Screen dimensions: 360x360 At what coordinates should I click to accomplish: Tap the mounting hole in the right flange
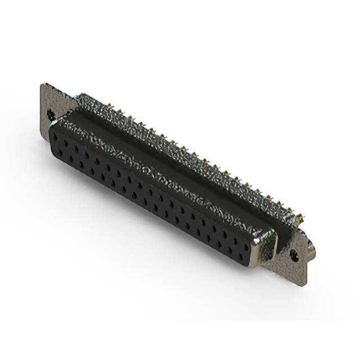tap(294, 254)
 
